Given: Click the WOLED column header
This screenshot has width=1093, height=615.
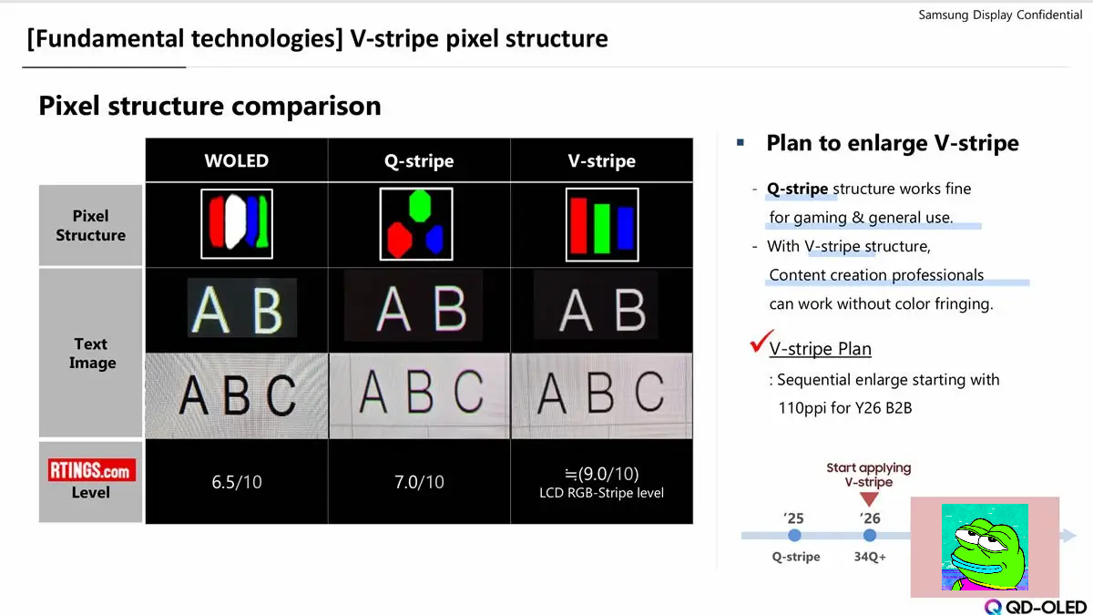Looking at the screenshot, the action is pos(236,160).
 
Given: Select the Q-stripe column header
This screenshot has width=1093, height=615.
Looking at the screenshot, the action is pos(419,160).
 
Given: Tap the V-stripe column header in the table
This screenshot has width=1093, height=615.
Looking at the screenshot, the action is pos(602,160).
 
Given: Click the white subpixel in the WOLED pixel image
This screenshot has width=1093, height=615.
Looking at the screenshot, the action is pos(235,220).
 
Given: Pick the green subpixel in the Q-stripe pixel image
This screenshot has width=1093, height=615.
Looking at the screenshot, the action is pos(419,206).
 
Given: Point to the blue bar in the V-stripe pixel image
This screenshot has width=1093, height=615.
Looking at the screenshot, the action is pos(626,228).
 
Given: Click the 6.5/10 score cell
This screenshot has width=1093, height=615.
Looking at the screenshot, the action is pos(237,482).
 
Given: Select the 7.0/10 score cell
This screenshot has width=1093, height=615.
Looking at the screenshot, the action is pos(419,482).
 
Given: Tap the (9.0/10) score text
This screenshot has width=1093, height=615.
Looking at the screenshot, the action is pos(602,474).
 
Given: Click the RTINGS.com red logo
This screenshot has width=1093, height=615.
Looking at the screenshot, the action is pos(92,470).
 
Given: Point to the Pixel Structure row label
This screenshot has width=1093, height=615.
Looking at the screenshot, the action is pos(91,225).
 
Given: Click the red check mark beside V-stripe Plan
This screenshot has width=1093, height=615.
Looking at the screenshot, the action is pos(761,341).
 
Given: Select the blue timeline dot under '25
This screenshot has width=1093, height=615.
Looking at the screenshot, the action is pos(794,536).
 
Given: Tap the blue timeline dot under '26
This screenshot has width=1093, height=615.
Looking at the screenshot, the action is pos(870,536).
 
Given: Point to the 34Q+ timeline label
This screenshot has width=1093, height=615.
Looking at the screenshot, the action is pos(870,557).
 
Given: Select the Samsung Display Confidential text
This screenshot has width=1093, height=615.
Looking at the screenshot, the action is pos(1000,15).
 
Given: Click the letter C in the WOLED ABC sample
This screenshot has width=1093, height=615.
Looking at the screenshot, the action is pos(281,395).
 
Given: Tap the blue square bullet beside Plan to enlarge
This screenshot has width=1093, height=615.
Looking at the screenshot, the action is pos(741,142).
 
